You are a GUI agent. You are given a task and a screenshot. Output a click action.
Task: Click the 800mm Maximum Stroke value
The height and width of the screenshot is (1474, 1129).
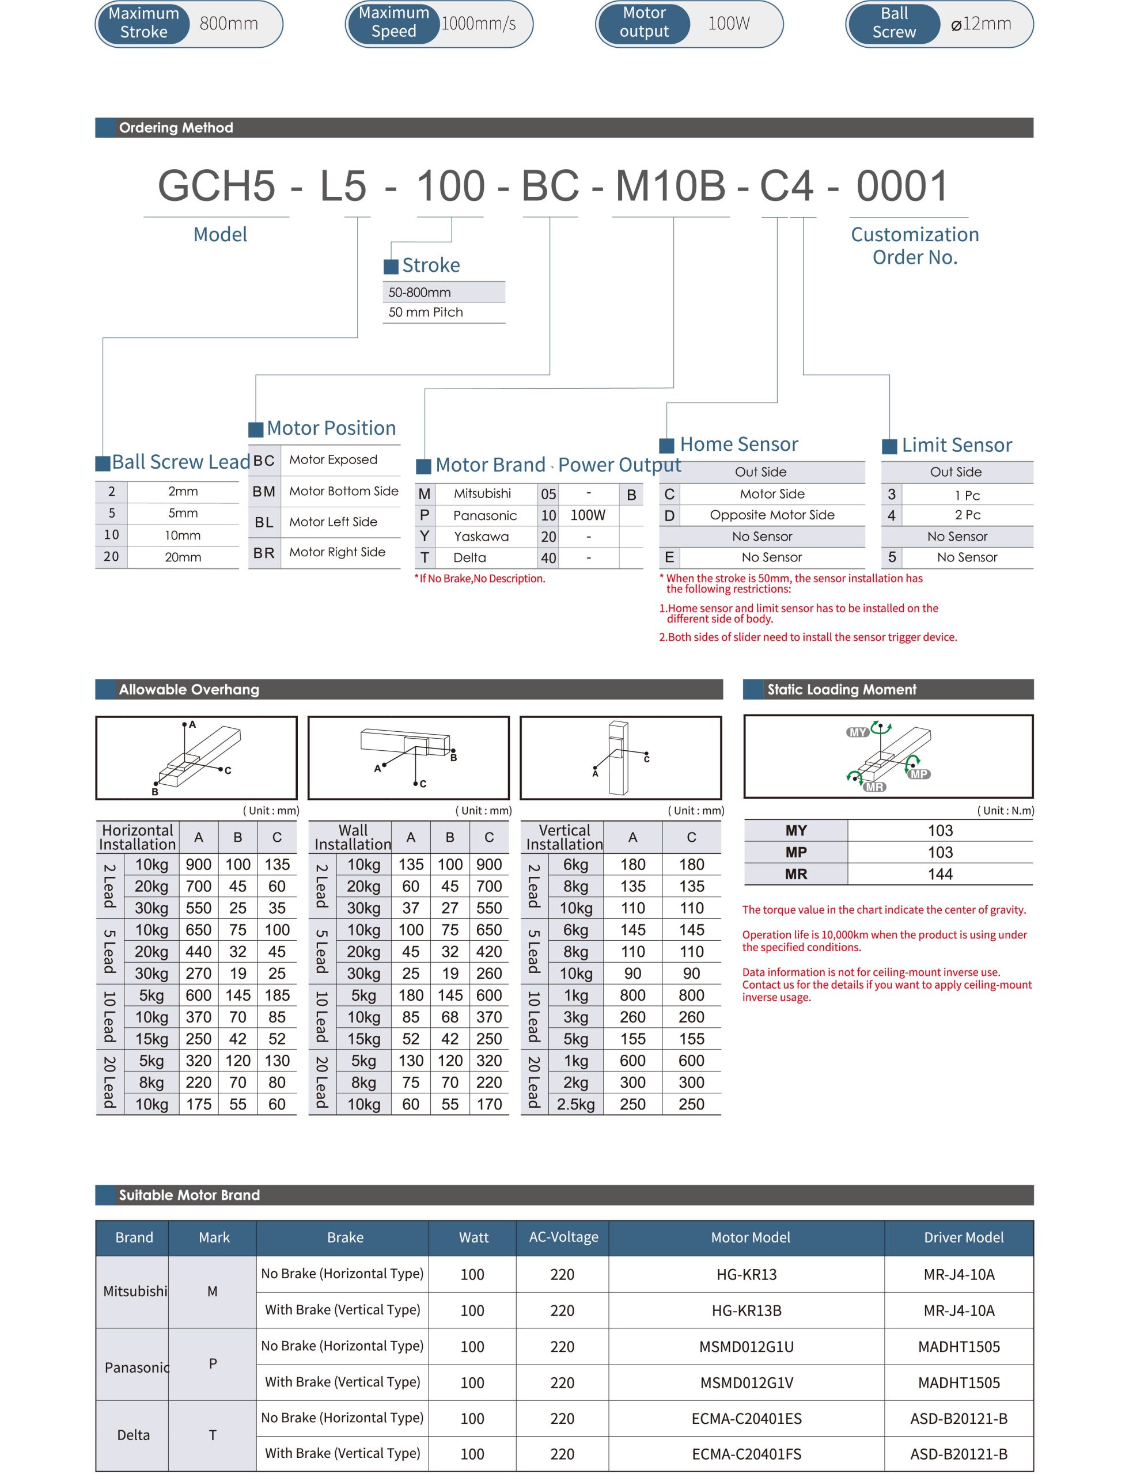tap(229, 24)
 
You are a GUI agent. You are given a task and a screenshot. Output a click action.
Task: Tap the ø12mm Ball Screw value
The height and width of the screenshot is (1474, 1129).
tap(980, 24)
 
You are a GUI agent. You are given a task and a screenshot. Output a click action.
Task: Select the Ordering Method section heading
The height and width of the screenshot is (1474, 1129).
tap(176, 128)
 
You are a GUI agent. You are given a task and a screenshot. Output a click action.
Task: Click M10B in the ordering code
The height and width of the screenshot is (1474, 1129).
tap(670, 186)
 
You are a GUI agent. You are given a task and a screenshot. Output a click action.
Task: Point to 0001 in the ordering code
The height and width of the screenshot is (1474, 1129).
tap(902, 186)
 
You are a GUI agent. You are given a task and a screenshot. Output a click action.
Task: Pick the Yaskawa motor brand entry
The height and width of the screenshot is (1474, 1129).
tap(481, 536)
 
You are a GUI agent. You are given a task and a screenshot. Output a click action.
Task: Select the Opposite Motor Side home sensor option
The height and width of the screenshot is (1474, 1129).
tap(771, 515)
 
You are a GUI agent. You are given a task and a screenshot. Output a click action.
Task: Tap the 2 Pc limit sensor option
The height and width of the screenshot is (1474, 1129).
tap(967, 515)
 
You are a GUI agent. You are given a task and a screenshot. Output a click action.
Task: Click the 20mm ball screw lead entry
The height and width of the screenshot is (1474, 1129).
tap(183, 557)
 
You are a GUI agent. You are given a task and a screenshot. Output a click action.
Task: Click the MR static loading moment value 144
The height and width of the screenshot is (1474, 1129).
tap(939, 874)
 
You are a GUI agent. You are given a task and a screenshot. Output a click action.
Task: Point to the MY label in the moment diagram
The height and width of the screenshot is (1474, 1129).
tap(858, 732)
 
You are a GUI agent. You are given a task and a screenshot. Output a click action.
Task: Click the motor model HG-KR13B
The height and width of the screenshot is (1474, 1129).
tap(746, 1310)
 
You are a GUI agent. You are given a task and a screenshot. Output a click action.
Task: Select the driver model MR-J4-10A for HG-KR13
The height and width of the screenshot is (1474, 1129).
tap(958, 1274)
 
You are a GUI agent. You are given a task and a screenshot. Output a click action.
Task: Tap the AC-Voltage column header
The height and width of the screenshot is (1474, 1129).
tap(563, 1237)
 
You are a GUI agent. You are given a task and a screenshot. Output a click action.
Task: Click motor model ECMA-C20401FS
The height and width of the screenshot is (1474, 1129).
tap(746, 1454)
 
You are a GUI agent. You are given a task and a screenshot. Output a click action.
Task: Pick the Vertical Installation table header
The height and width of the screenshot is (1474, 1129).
tap(564, 837)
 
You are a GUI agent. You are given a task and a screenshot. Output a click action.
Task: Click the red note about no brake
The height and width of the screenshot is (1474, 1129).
tap(480, 579)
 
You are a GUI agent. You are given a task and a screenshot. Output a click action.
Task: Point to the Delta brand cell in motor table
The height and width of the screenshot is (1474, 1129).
tap(133, 1435)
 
